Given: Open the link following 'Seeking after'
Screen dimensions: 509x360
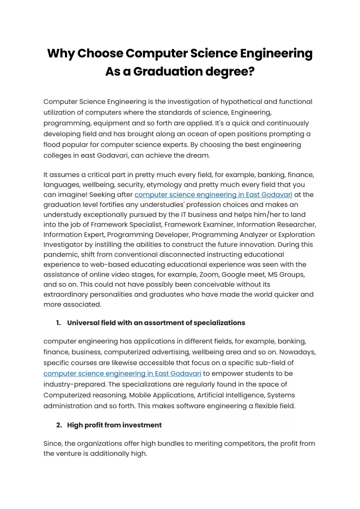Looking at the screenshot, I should pos(213,194).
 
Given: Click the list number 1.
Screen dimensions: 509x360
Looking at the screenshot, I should pos(58,322).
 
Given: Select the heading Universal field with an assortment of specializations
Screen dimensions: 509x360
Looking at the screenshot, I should pos(156,322).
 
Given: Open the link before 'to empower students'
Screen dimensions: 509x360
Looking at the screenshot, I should pos(122,373).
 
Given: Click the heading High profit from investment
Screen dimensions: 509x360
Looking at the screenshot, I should pos(114,425).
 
